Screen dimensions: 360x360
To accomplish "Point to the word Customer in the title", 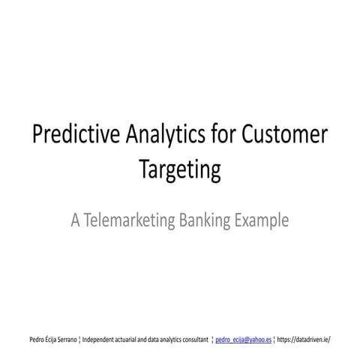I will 284,136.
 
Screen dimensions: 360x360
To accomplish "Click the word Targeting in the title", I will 180,169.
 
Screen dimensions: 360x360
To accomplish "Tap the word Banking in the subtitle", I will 205,220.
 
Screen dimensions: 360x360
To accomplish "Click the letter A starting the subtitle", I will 75,220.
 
